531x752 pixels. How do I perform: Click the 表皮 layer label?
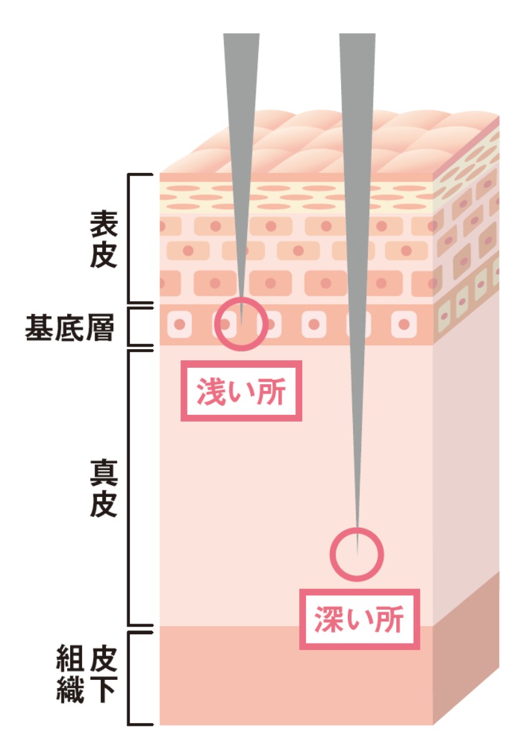(103, 239)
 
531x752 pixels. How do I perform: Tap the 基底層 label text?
(70, 327)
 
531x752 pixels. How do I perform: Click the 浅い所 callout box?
(241, 391)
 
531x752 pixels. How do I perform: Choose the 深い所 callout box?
(359, 619)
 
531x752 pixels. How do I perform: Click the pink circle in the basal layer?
(241, 323)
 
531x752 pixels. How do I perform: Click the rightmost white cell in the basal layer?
(404, 325)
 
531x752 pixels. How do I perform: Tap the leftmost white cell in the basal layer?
(180, 325)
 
